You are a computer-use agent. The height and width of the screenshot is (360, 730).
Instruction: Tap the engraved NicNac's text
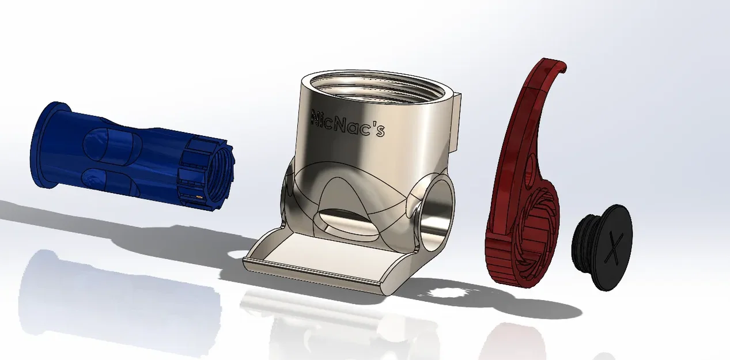[347, 123]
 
